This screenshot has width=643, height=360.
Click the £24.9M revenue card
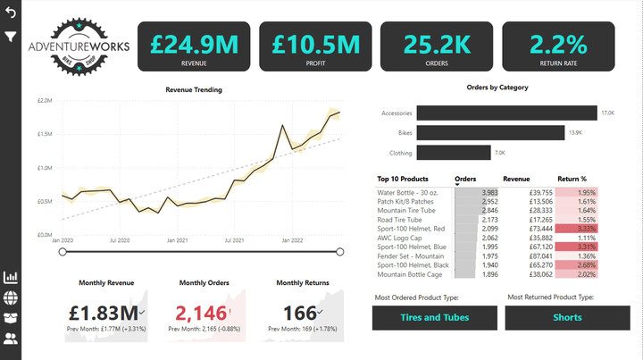(194, 46)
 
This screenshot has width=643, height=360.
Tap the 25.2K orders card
(437, 46)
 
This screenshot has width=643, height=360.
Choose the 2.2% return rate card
(558, 46)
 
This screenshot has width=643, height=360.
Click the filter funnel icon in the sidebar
(11, 37)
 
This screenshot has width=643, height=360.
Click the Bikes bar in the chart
(489, 132)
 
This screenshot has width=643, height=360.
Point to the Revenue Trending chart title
(194, 89)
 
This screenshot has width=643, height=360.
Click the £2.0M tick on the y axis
(45, 101)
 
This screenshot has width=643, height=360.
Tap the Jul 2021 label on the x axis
(235, 240)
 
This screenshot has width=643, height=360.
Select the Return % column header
(572, 179)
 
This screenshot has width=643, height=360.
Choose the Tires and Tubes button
(434, 317)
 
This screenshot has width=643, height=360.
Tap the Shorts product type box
(567, 317)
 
